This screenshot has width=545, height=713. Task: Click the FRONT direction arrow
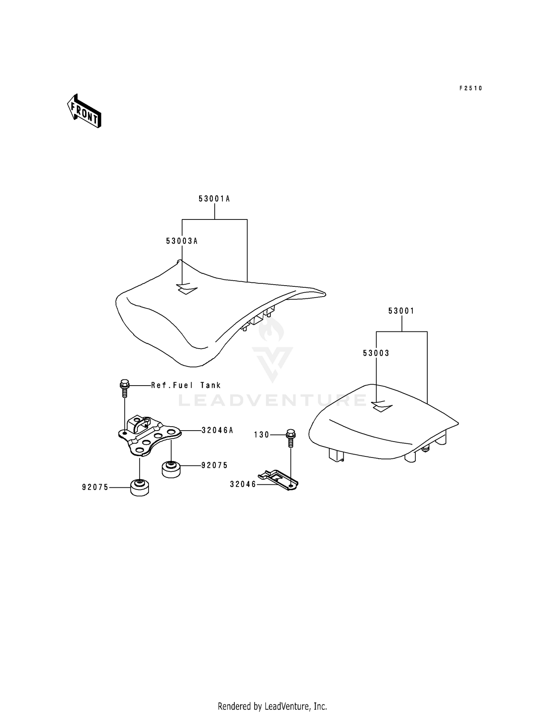click(84, 111)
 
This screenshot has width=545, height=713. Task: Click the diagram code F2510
click(471, 88)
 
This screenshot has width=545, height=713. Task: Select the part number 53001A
click(214, 199)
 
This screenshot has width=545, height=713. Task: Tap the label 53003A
click(182, 241)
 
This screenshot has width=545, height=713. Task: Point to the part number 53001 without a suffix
click(401, 311)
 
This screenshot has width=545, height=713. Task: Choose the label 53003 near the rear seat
click(376, 353)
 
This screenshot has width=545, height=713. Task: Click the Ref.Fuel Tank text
click(186, 385)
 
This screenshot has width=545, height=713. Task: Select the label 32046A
click(217, 430)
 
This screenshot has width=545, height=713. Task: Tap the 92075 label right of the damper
click(214, 465)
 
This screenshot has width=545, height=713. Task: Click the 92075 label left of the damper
click(95, 487)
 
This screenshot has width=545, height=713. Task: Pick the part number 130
click(262, 435)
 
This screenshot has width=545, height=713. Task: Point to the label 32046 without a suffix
click(243, 484)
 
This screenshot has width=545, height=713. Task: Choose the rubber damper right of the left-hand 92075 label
click(140, 488)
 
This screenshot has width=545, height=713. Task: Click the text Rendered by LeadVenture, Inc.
click(272, 706)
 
